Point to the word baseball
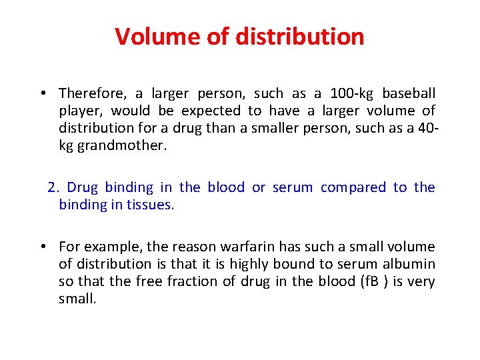click(x=409, y=93)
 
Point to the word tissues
click(x=152, y=205)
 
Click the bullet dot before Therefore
click(x=41, y=94)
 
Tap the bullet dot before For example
click(x=41, y=247)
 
